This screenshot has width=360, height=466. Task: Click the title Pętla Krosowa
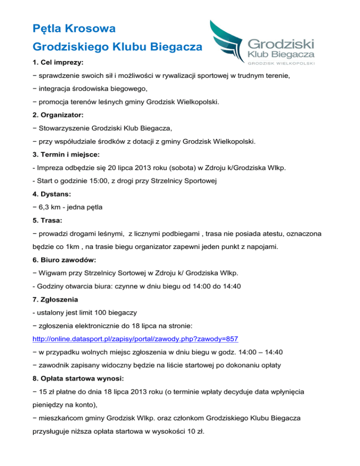75,29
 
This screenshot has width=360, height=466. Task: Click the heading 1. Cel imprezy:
59,61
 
